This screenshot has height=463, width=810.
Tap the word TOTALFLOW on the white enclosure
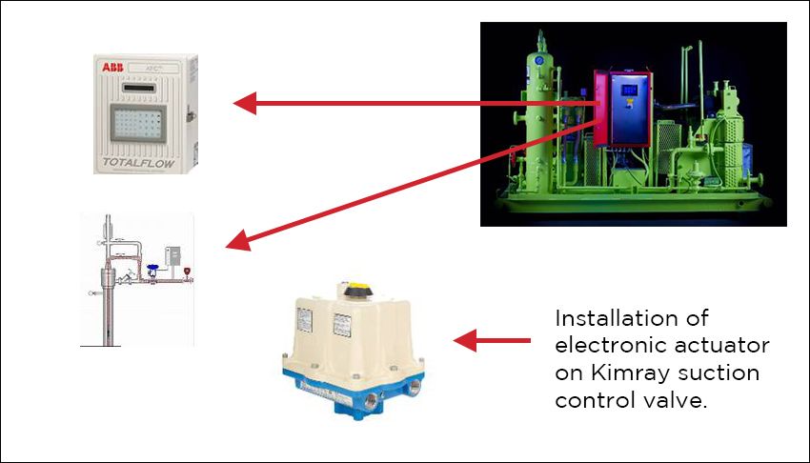[x=141, y=163]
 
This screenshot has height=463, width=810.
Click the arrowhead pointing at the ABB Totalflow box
[x=246, y=103]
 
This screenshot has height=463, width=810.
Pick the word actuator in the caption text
[x=728, y=345]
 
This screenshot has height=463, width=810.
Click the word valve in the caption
[x=678, y=400]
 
